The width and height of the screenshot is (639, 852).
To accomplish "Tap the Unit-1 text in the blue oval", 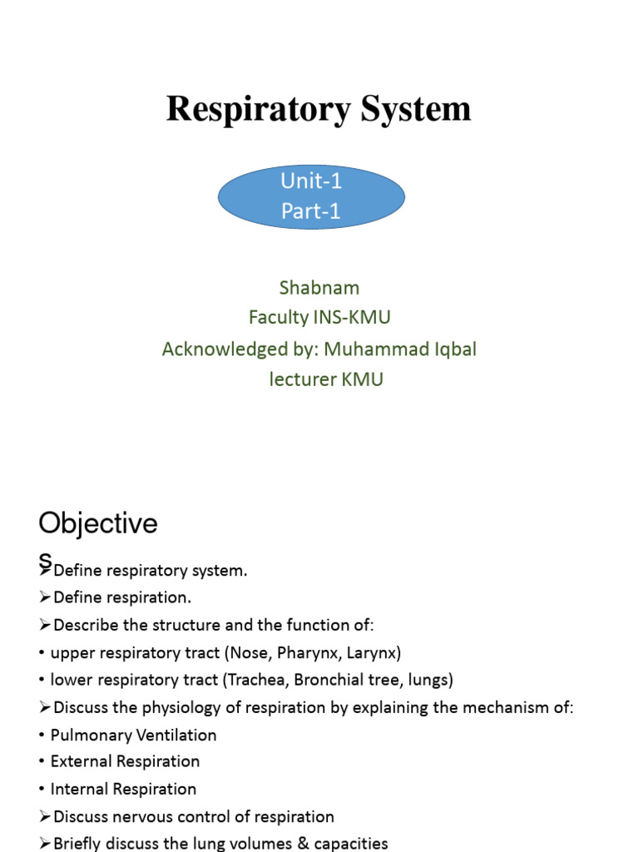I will coord(311,181).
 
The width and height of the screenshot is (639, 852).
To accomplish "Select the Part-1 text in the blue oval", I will coord(311,211).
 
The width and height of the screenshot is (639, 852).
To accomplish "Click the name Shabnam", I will coord(319,288).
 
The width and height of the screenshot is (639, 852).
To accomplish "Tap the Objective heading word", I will coord(97,524).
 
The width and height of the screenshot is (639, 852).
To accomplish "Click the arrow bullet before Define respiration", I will coord(45,597).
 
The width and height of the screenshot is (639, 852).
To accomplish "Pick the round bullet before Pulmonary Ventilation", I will coord(42,736).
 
